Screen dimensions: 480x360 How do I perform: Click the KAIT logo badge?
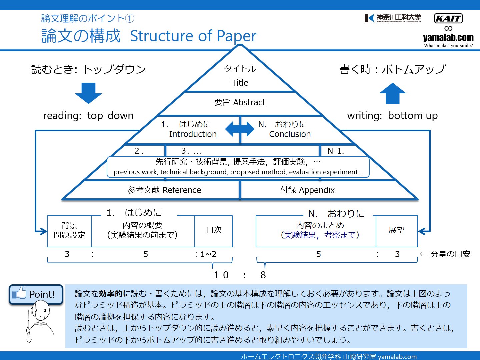(x=448, y=18)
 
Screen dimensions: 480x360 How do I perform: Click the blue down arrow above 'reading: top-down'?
(x=88, y=93)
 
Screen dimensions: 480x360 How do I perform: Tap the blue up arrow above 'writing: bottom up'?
(x=393, y=93)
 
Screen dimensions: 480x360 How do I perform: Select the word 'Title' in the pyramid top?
(x=240, y=83)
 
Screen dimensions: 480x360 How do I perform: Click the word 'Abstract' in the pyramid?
(x=249, y=102)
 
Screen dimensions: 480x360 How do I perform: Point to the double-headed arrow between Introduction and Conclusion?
(x=240, y=129)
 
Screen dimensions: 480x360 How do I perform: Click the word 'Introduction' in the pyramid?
(x=193, y=134)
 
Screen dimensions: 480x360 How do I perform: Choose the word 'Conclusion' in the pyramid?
(x=290, y=134)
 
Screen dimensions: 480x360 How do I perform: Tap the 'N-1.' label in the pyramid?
(x=335, y=151)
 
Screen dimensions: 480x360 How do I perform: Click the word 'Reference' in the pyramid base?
(x=182, y=190)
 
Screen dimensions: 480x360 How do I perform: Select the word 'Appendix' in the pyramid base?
(x=317, y=190)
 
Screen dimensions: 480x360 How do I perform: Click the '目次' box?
(x=213, y=231)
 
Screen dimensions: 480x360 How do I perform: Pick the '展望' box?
(x=397, y=231)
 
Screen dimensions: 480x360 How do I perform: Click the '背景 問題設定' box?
(x=69, y=231)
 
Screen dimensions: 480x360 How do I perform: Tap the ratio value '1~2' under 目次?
(x=208, y=254)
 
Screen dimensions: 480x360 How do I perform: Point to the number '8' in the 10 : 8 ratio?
(x=263, y=275)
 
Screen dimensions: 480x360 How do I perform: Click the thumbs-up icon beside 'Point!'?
(x=19, y=292)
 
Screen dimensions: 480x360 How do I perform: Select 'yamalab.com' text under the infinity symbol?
(x=448, y=37)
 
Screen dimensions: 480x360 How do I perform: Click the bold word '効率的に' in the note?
(x=114, y=294)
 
